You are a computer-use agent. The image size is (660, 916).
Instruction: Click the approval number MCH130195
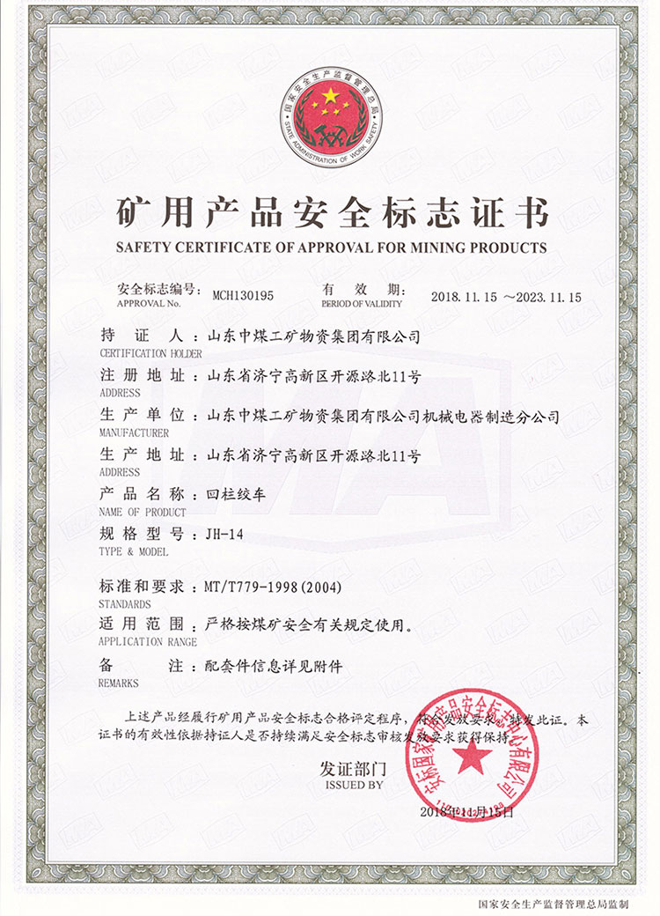click(x=244, y=296)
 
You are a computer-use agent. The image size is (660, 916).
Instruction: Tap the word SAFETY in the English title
click(x=145, y=247)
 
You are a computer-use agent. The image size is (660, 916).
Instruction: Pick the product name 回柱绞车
click(x=231, y=494)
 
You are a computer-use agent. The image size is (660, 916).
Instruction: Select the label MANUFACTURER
click(x=131, y=433)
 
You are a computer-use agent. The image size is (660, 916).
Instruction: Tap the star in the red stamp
click(x=472, y=756)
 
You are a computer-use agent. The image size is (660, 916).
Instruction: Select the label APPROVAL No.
click(x=148, y=303)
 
